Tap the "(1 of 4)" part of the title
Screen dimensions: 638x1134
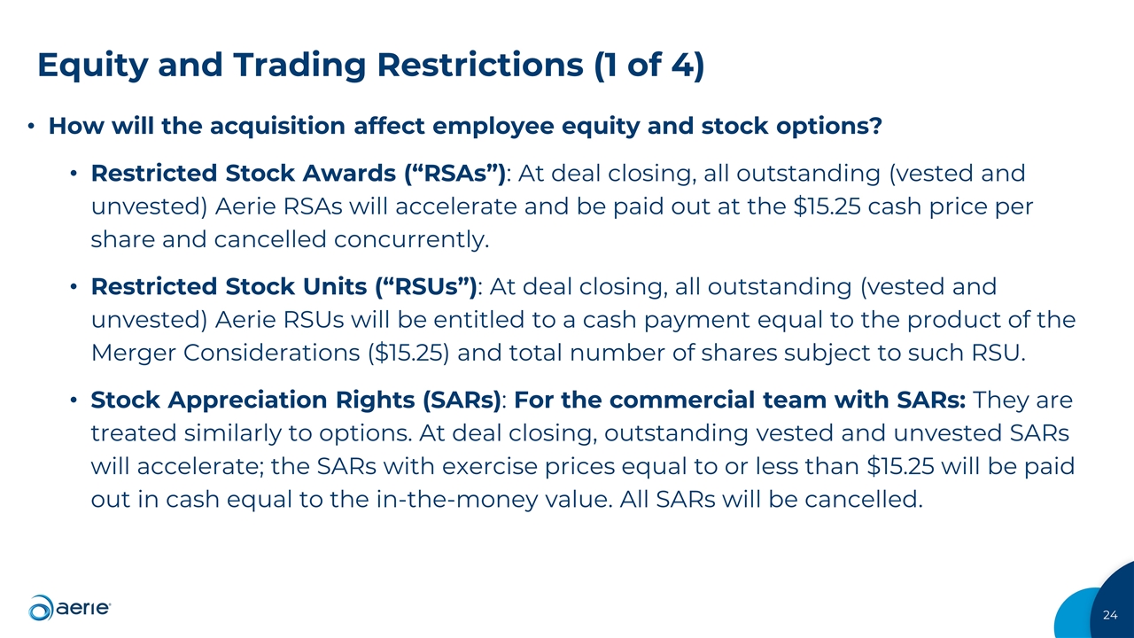tap(646, 66)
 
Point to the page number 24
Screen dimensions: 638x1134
tap(1111, 615)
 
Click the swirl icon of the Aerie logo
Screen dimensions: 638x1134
tap(41, 608)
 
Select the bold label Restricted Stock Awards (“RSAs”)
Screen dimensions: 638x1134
tap(299, 173)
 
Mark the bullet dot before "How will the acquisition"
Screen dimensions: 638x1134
tap(31, 128)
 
